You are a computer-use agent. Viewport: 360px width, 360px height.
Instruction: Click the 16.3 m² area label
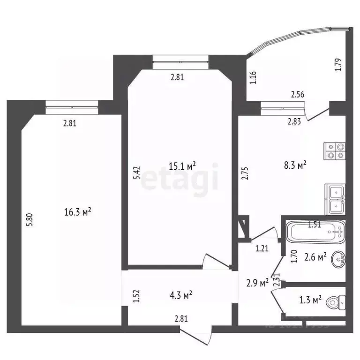point(77,212)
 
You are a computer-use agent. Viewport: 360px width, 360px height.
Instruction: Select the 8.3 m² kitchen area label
point(295,165)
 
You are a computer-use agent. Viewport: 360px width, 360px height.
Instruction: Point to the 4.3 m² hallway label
point(181,295)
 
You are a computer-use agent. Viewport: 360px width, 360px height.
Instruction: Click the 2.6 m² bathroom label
point(315,257)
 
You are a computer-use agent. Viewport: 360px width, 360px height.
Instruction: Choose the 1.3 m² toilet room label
point(310,299)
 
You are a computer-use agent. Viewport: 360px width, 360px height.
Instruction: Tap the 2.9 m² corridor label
point(257,283)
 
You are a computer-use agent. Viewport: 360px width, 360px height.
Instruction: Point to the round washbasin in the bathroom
point(338,259)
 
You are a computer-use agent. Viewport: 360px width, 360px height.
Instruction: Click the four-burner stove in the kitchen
point(335,149)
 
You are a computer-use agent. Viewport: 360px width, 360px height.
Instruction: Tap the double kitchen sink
point(336,199)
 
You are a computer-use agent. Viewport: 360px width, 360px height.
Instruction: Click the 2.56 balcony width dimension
point(297,95)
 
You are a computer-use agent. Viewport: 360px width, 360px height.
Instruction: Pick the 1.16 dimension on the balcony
point(253,76)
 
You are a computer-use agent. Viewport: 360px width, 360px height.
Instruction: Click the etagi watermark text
point(180,178)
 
